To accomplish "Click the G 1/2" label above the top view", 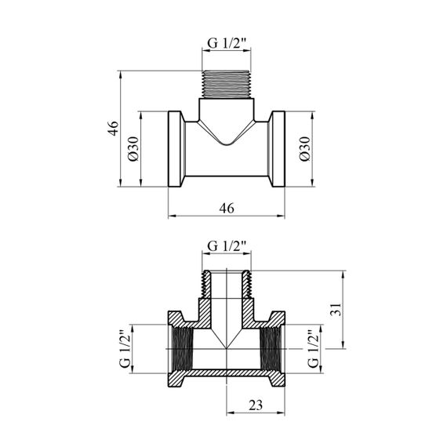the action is [227, 43].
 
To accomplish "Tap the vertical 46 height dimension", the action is [114, 129].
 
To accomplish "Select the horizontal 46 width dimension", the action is [227, 208].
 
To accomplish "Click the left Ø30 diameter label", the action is [133, 148].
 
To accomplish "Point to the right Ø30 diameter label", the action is [305, 148].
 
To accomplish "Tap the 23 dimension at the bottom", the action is [256, 405].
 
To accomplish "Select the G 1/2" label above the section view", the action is [227, 245].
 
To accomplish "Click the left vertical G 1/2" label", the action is [125, 349].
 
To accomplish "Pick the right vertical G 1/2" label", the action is [314, 349].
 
